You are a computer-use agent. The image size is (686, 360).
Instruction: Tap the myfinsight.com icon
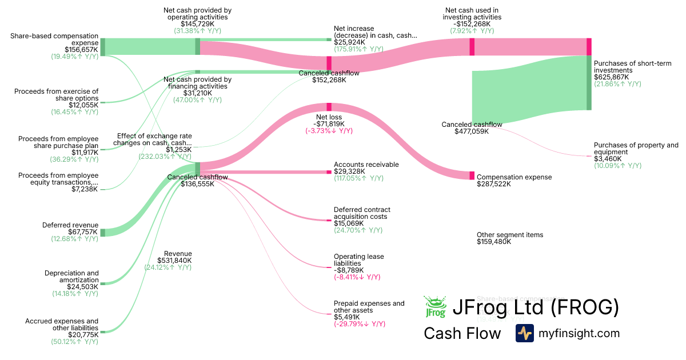pos(524,333)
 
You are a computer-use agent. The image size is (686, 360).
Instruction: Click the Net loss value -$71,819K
pos(329,124)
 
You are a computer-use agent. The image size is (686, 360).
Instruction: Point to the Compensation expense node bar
pos(472,175)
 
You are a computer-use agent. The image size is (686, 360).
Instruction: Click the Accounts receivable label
pos(366,165)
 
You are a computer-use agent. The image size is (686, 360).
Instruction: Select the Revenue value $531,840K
pos(174,261)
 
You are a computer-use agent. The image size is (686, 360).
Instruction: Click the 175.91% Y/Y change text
pos(358,49)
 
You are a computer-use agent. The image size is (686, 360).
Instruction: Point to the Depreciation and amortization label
pos(71,277)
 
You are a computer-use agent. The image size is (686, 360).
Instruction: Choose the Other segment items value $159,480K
pos(494,242)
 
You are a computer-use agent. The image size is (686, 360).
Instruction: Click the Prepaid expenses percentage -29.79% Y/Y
pos(360,324)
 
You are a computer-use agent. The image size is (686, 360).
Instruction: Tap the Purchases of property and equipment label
pos(636,149)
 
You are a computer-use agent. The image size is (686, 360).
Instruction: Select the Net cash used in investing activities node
pos(472,47)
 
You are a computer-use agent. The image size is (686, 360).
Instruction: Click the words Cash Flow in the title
pos(462,333)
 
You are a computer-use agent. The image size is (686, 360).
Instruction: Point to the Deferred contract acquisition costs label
pos(362,213)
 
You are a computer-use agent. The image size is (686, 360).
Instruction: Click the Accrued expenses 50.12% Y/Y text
pos(74,342)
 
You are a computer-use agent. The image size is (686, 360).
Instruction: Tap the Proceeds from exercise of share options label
pos(56,94)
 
